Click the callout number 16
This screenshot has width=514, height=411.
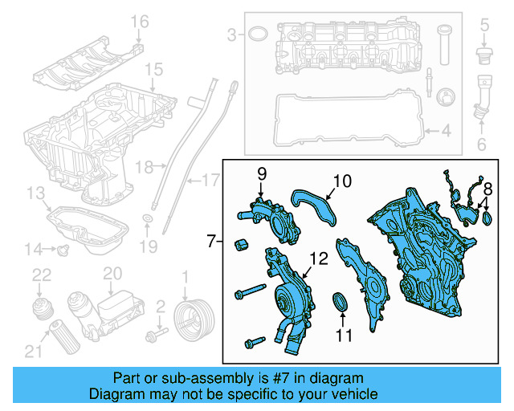pyautogui.click(x=141, y=21)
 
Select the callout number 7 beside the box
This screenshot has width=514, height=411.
pyautogui.click(x=210, y=240)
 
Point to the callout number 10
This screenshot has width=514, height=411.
pyautogui.click(x=342, y=182)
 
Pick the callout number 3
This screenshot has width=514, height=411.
pyautogui.click(x=232, y=35)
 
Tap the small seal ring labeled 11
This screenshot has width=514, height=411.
pyautogui.click(x=341, y=303)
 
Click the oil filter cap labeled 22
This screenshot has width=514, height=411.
pyautogui.click(x=40, y=309)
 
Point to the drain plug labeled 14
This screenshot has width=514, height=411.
pyautogui.click(x=63, y=250)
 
